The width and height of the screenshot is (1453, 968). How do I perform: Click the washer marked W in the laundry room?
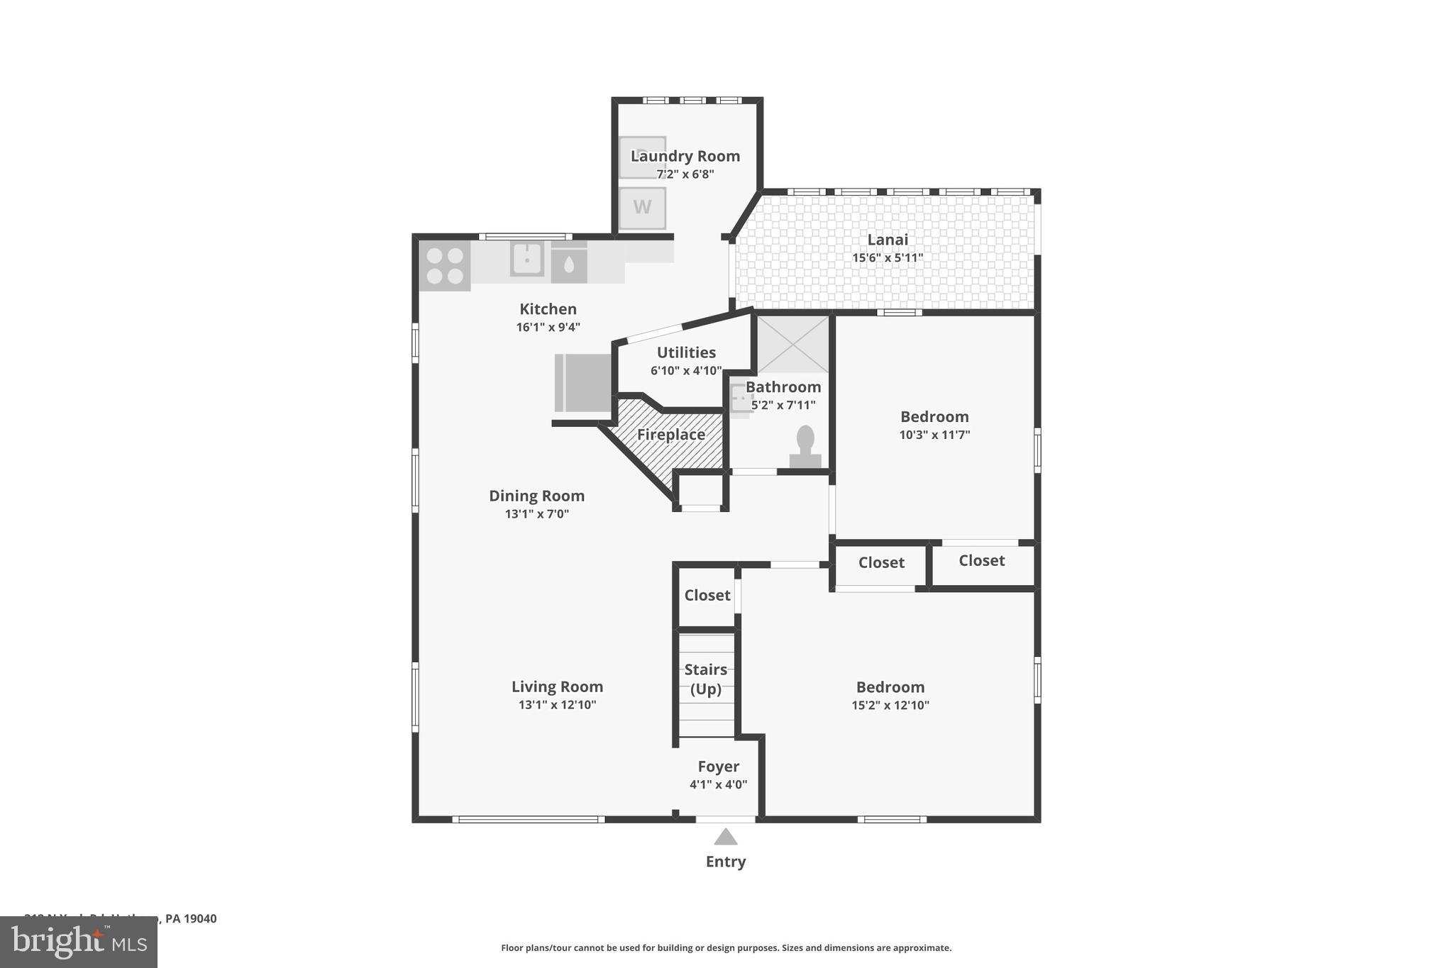click(642, 208)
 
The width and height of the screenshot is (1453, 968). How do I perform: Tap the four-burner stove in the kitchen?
click(445, 266)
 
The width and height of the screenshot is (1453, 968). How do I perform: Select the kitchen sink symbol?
click(527, 259)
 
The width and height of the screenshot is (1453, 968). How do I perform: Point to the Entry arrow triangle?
click(725, 838)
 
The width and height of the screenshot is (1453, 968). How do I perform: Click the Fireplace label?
click(671, 435)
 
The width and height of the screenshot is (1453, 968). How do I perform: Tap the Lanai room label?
click(888, 240)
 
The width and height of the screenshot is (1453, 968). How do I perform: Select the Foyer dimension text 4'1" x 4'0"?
click(718, 784)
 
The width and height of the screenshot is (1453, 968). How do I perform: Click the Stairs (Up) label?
click(706, 679)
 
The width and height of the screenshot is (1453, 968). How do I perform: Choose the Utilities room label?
click(686, 352)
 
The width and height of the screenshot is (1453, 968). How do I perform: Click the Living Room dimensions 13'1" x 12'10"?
click(557, 705)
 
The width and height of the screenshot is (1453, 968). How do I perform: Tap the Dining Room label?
click(536, 496)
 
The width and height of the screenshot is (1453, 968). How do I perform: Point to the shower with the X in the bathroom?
click(792, 345)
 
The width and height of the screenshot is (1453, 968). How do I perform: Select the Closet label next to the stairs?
click(707, 595)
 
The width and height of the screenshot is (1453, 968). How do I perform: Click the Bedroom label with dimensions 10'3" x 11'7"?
click(934, 417)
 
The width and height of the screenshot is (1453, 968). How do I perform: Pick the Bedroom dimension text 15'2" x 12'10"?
click(890, 705)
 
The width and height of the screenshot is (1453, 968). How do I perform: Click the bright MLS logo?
click(79, 942)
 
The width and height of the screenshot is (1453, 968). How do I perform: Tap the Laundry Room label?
click(685, 156)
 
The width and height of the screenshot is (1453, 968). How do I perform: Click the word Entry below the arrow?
click(725, 862)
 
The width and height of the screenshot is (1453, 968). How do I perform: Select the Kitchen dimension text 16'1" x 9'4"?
click(548, 327)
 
